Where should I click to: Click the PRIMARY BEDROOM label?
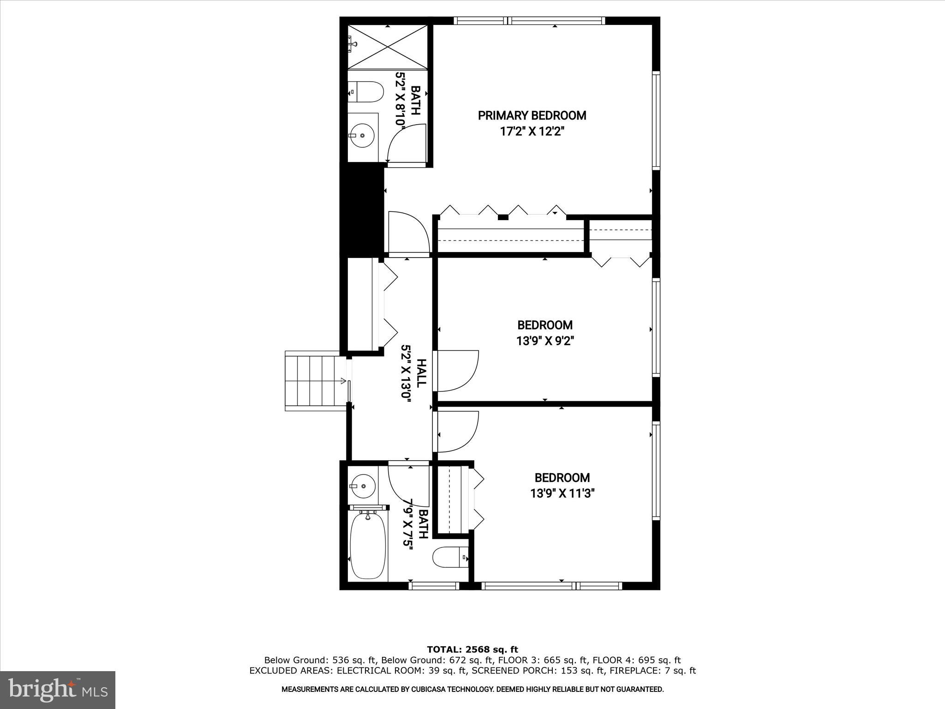point(532,115)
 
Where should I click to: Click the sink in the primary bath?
point(362,135)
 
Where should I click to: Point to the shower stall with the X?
point(388,47)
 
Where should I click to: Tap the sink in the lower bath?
point(363,486)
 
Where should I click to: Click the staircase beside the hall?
point(315,380)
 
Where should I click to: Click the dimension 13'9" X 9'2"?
point(545,341)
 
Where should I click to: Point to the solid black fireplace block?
point(362,210)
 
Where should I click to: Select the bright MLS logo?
point(58,690)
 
